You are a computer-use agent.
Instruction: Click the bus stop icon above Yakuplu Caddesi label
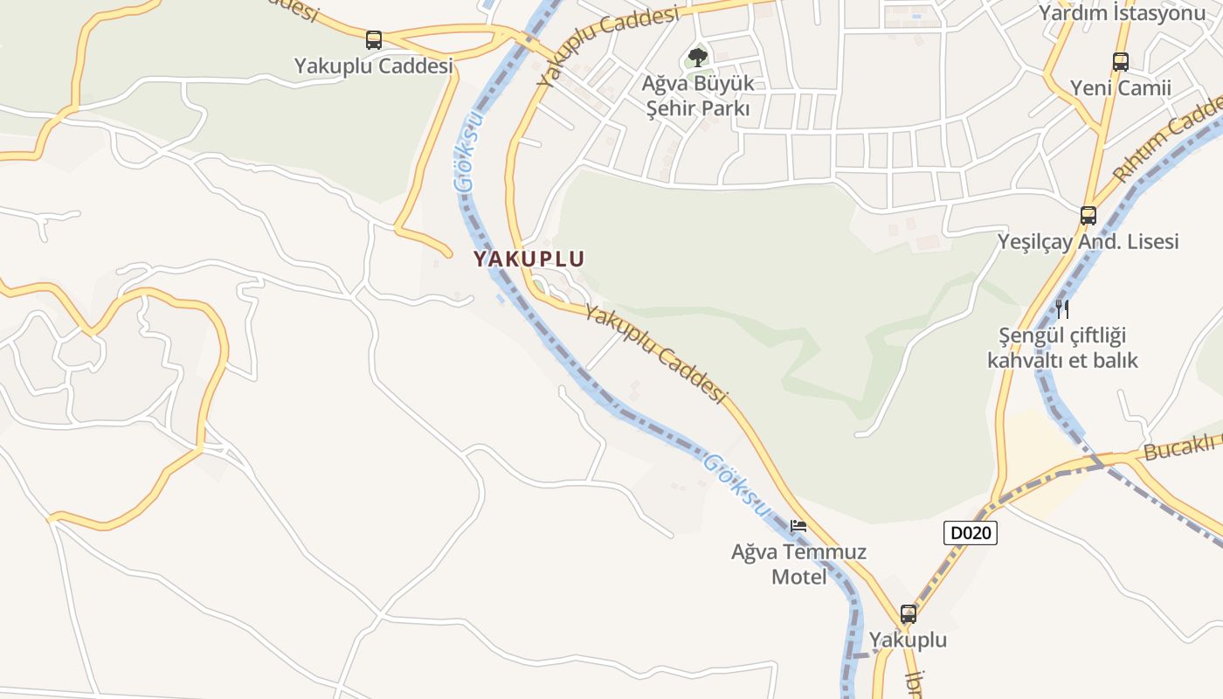point(374,39)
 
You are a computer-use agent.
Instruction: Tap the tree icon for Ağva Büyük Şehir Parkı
point(697,58)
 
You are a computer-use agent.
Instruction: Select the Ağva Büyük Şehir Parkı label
point(697,96)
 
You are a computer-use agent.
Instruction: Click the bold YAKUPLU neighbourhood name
point(529,259)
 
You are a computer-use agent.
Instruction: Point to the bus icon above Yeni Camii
point(1121,62)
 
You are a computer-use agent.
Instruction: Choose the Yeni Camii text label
point(1121,88)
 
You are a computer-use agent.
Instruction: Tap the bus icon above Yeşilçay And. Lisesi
point(1088,215)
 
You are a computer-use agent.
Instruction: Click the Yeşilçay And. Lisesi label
point(1088,241)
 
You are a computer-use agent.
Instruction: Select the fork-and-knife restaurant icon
point(1062,308)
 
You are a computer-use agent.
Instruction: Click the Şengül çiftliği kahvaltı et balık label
point(1062,347)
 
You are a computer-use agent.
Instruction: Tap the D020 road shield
point(971,533)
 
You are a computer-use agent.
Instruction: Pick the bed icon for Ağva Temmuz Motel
point(798,526)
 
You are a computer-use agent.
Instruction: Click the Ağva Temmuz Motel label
point(798,564)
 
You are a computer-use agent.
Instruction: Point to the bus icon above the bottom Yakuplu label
point(909,614)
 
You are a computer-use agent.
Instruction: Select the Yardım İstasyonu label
point(1121,12)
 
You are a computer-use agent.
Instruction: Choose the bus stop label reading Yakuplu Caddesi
point(374,66)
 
